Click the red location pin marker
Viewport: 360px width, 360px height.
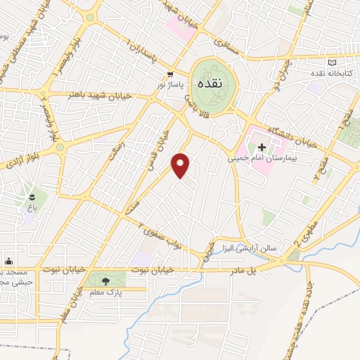[x=181, y=165]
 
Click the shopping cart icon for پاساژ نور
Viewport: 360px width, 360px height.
[x=169, y=75]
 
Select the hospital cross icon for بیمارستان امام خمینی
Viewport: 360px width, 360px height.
[x=262, y=148]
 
